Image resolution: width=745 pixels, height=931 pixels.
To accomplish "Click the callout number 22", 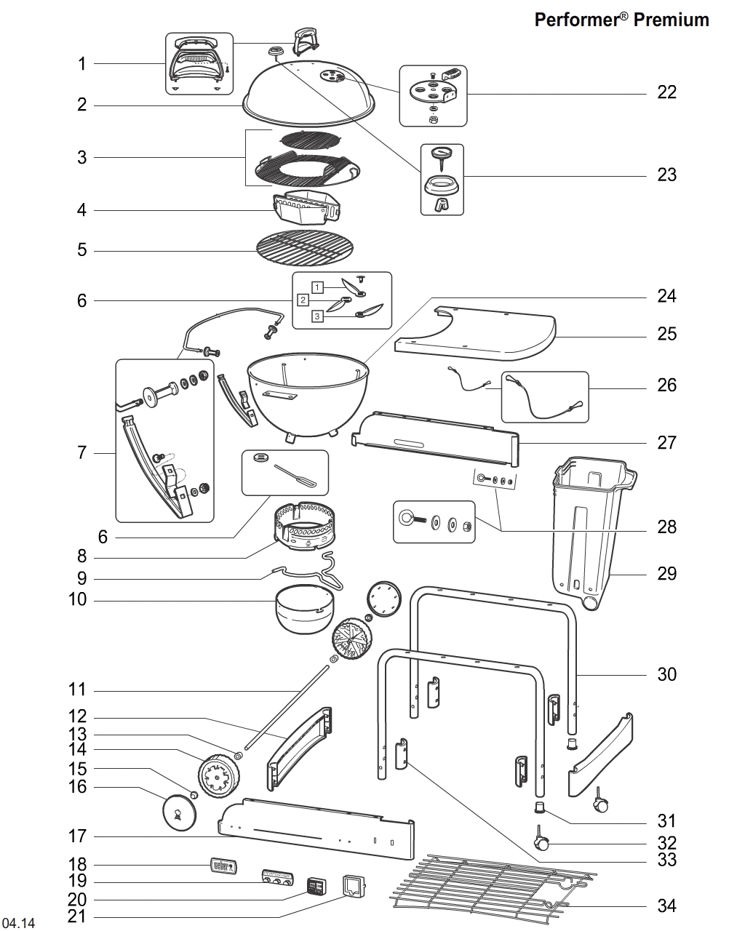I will point(666,92).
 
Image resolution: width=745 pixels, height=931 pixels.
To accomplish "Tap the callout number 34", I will point(666,906).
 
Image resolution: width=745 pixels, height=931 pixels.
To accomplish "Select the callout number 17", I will point(78,836).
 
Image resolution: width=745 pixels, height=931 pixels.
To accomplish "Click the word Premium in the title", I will point(671,20).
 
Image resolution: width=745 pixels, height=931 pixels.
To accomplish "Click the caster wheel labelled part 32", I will point(542,842).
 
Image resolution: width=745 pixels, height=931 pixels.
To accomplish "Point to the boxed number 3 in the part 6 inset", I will point(318,316).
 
